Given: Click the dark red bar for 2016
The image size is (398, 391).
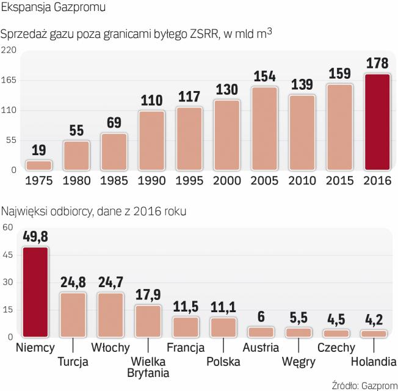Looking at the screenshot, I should pyautogui.click(x=377, y=122).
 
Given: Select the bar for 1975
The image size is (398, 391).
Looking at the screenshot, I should pyautogui.click(x=39, y=165).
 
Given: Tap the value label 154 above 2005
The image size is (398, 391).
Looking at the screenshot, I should pyautogui.click(x=264, y=78).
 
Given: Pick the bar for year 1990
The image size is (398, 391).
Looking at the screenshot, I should pyautogui.click(x=152, y=140).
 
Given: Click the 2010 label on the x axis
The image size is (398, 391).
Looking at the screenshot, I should pyautogui.click(x=302, y=181).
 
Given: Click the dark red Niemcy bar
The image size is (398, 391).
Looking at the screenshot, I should pyautogui.click(x=35, y=292).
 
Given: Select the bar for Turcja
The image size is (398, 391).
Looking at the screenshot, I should pyautogui.click(x=73, y=315).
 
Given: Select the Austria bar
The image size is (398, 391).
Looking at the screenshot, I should pyautogui.click(x=261, y=332).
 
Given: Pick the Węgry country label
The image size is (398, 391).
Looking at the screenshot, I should pyautogui.click(x=298, y=362).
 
